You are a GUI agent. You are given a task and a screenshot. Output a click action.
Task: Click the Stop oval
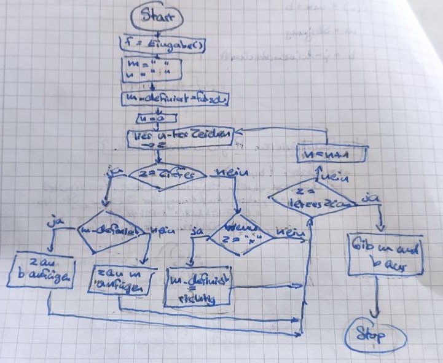[374, 336]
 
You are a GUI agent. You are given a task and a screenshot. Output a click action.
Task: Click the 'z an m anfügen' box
[120, 279]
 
